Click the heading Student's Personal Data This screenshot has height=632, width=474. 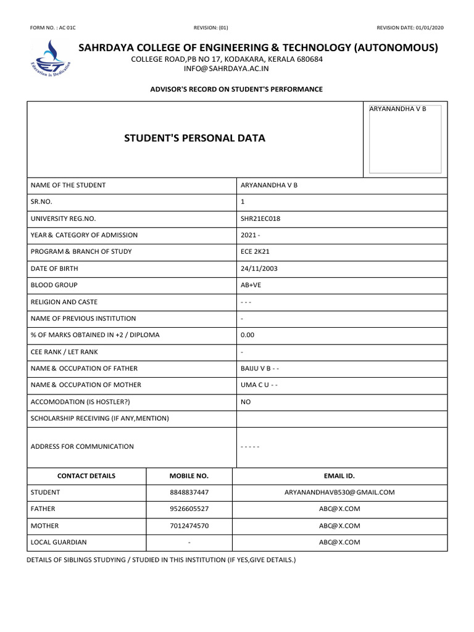[194, 138]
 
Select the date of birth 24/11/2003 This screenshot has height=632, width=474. [259, 268]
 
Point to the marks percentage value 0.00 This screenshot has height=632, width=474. [247, 335]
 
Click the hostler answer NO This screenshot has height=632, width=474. [246, 402]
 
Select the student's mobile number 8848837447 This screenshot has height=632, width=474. [189, 493]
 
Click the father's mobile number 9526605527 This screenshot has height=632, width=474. [189, 509]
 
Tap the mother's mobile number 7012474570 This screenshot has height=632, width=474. [189, 526]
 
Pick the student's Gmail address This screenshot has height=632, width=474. [339, 493]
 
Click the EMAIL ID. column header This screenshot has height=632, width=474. [339, 476]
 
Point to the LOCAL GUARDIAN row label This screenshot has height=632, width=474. [59, 543]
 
